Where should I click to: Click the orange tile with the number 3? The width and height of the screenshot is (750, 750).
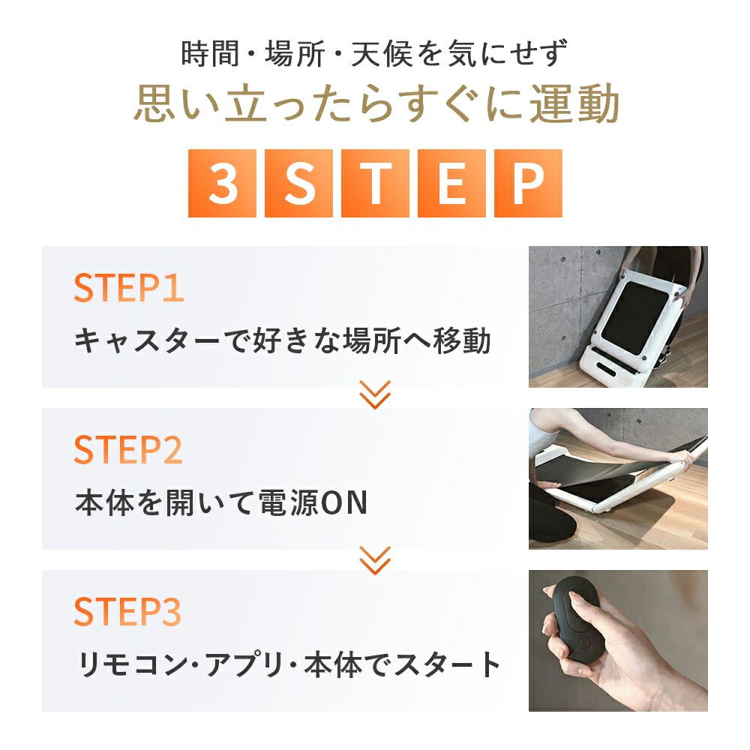[222, 183]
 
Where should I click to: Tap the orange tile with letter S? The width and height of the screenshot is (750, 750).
[298, 183]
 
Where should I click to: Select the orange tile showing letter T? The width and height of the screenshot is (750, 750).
[375, 183]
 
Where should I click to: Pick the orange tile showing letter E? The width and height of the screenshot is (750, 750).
[451, 183]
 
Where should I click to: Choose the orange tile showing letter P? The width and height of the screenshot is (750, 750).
[528, 183]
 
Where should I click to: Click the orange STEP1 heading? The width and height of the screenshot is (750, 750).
[129, 288]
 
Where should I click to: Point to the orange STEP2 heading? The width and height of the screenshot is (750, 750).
[128, 449]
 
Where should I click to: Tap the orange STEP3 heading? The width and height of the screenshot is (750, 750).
[127, 611]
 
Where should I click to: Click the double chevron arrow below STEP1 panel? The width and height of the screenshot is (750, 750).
[375, 395]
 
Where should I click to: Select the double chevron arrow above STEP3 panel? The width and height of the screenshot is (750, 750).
[375, 560]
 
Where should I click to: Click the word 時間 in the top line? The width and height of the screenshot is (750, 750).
[210, 53]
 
